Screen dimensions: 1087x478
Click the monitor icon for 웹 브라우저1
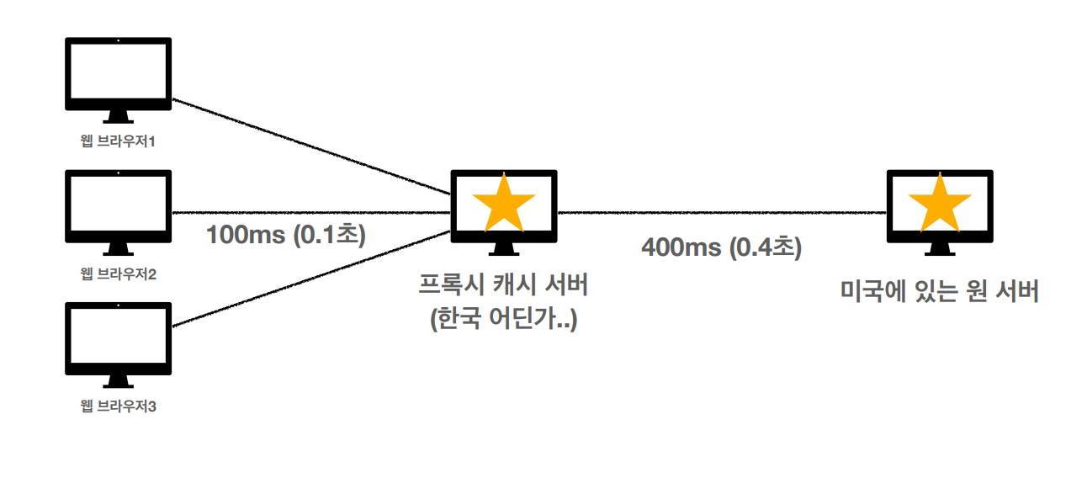point(118,74)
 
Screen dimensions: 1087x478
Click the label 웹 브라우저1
point(119,141)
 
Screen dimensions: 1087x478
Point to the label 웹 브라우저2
point(119,274)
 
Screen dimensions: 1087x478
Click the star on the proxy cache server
point(504,204)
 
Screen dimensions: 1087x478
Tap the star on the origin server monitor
point(940,204)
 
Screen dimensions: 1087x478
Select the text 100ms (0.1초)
point(286,234)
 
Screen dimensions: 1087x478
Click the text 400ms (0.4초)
point(722,247)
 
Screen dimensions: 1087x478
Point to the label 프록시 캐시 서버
point(503,286)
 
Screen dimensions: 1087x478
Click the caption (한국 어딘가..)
point(503,320)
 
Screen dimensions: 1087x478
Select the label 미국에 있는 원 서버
point(940,292)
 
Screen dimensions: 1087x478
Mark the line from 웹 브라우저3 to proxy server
point(311,278)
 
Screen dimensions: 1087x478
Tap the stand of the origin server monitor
point(940,249)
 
